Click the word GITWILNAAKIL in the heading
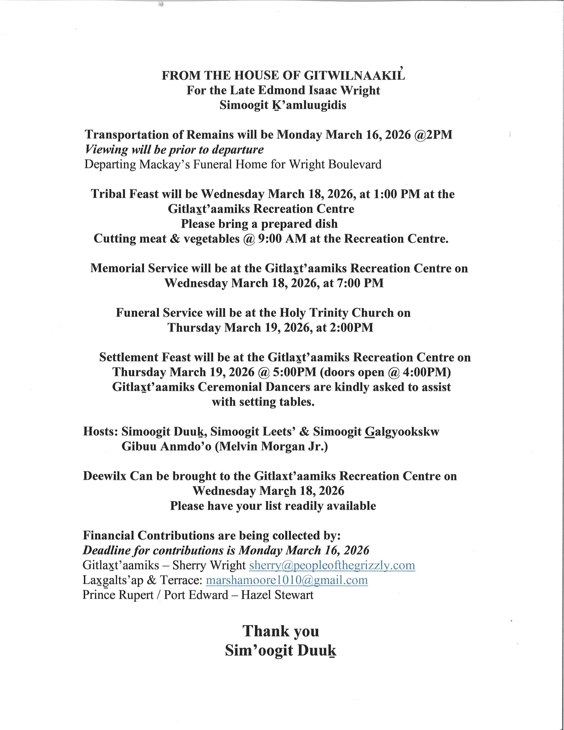coord(354,76)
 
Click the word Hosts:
coord(100,431)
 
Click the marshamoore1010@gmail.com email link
coord(287,580)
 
